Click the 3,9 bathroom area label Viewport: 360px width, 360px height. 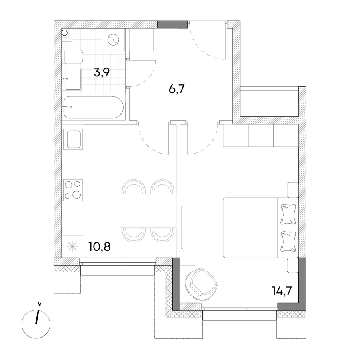coord(102,72)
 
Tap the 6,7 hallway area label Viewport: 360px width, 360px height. coord(176,89)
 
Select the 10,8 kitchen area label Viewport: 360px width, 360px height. coord(100,247)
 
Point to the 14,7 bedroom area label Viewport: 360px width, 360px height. coord(282,291)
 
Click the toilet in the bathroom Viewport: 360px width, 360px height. coord(74,56)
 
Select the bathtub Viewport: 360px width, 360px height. coord(94,107)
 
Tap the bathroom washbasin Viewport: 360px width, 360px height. coord(73,79)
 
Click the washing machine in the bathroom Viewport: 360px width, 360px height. coord(114,40)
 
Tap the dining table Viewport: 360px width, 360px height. coord(148,210)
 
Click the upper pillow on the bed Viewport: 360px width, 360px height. coord(288,214)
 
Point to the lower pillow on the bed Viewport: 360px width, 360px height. coord(288,241)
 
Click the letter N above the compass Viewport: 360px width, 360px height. coord(39,305)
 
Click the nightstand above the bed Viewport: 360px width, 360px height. coord(293,190)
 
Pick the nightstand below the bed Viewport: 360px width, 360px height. coord(293,265)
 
